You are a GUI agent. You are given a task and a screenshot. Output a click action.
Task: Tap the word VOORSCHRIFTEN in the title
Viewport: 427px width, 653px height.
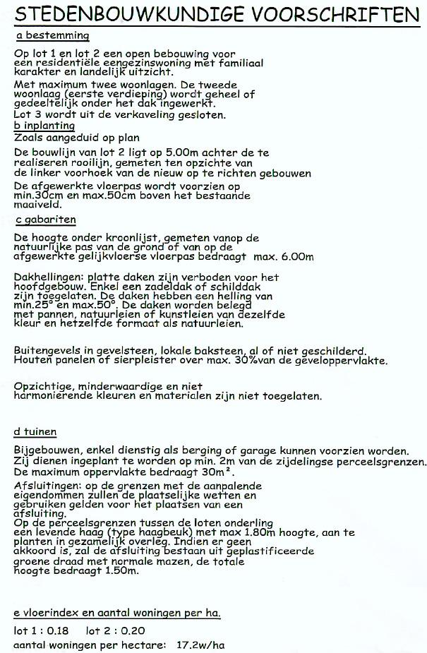tap(337, 14)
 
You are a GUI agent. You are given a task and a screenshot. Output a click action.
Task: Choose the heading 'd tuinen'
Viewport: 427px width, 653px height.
tap(35, 431)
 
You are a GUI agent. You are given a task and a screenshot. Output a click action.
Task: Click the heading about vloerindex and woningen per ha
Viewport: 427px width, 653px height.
tap(117, 612)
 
